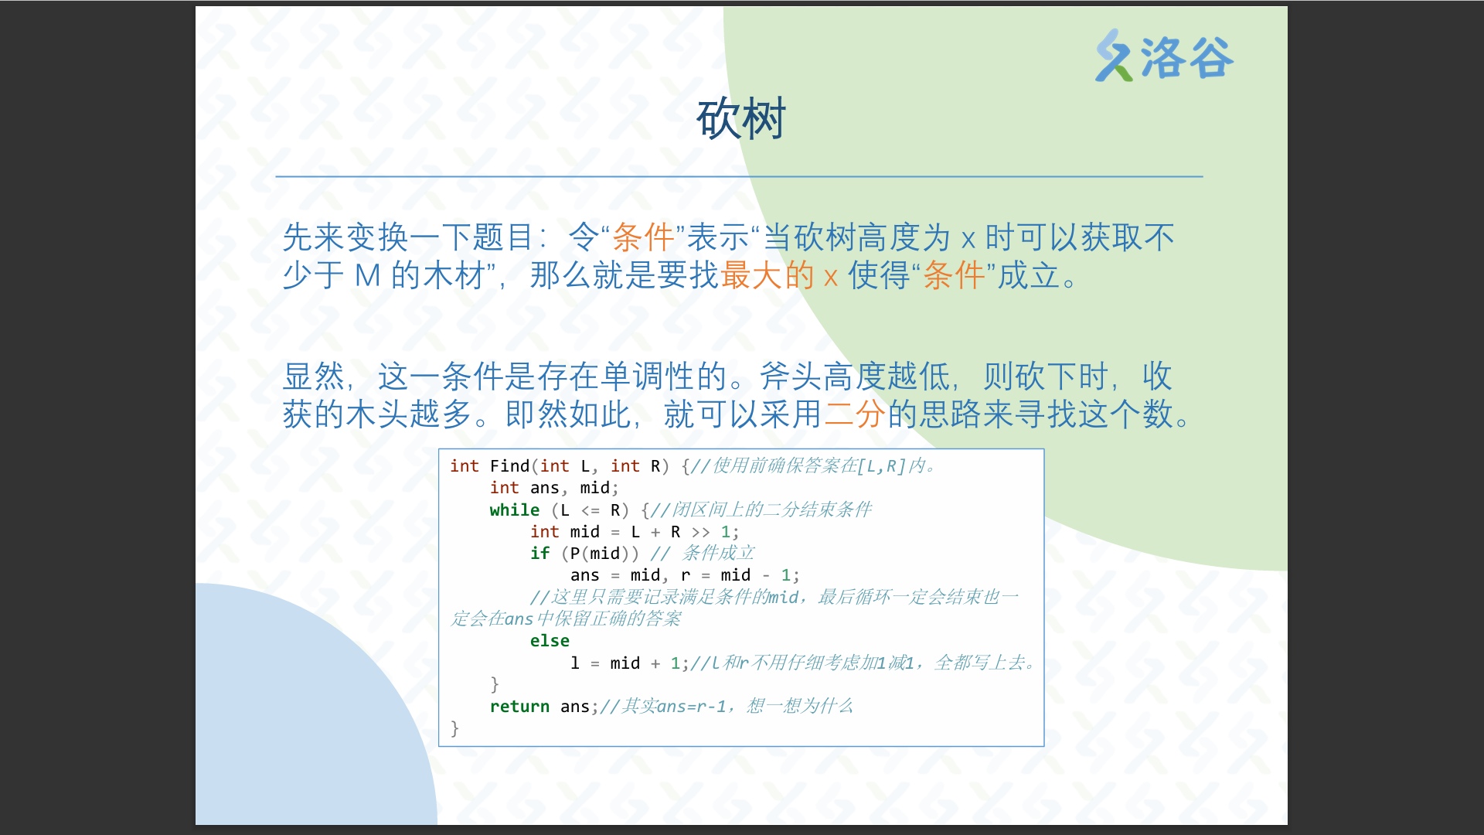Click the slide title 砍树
point(741,119)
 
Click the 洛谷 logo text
point(1186,57)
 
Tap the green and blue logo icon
point(1114,56)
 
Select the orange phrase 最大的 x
point(779,275)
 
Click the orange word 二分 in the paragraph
point(855,414)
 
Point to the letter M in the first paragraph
point(367,276)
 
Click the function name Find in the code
point(509,466)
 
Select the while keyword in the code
point(515,510)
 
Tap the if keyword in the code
point(539,554)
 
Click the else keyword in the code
point(550,641)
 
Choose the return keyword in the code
point(519,707)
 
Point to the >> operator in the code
point(700,532)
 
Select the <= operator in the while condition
point(591,510)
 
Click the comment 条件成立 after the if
point(718,554)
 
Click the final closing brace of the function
point(454,728)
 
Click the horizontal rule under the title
point(740,176)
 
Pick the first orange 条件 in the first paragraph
point(643,237)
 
